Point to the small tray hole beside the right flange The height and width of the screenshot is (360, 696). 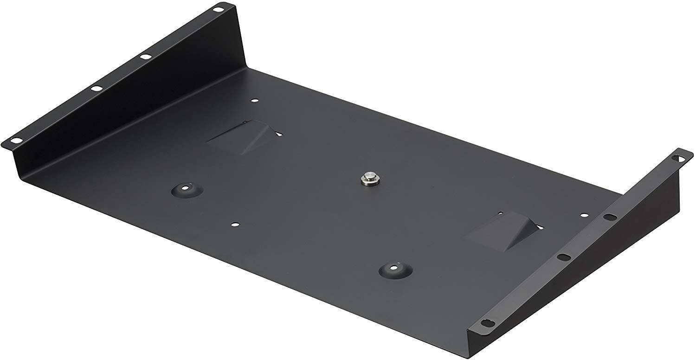pos(583,215)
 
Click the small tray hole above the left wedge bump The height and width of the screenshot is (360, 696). pos(254,99)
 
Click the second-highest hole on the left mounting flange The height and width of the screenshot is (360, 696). pos(146,57)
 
